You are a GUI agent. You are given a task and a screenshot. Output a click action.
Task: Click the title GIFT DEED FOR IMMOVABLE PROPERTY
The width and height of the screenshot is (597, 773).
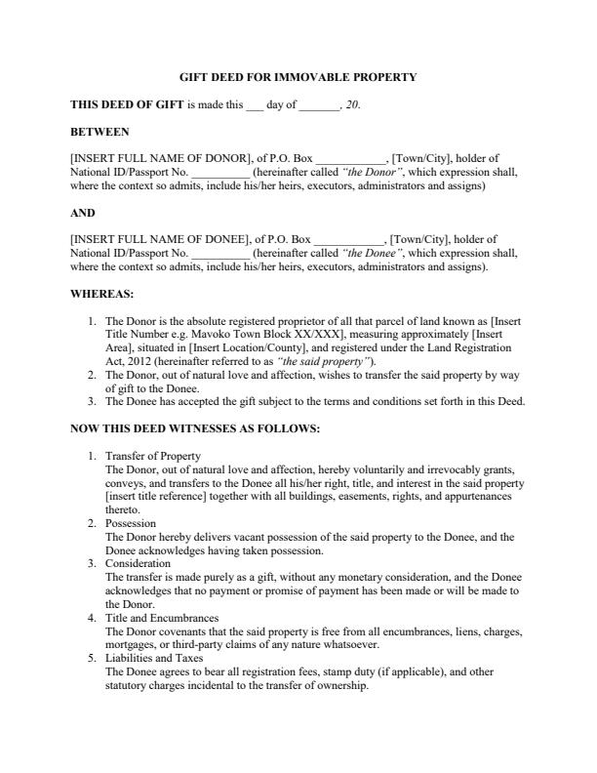click(298, 76)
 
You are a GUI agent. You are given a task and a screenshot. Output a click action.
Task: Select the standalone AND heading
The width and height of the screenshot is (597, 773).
click(83, 212)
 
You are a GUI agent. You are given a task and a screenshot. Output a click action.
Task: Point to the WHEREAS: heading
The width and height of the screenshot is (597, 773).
click(102, 293)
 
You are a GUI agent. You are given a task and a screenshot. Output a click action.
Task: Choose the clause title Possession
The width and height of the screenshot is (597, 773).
click(130, 523)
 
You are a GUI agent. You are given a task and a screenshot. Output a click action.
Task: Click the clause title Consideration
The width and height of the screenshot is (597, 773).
click(138, 563)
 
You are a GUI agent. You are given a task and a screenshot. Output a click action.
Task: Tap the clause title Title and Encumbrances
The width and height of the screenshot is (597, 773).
click(161, 618)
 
